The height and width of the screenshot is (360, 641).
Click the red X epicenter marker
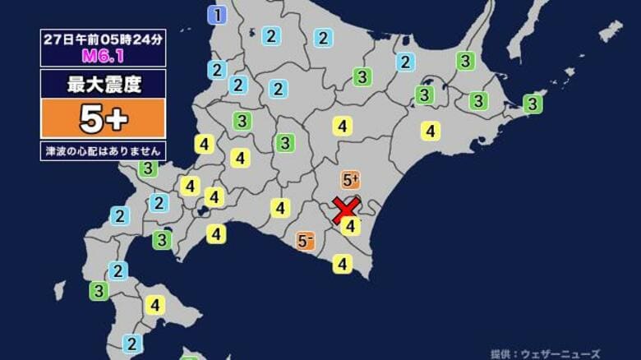(x=346, y=210)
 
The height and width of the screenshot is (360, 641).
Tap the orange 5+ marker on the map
(x=350, y=180)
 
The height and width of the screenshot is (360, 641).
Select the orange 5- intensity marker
(x=307, y=241)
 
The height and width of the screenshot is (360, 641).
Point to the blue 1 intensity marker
(x=217, y=14)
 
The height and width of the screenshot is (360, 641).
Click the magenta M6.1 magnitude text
(x=103, y=56)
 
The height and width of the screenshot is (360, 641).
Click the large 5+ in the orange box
(x=103, y=119)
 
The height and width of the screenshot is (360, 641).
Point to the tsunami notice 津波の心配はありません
(x=103, y=151)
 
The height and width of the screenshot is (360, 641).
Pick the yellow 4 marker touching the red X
(x=351, y=225)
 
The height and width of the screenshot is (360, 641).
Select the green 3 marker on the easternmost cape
(x=533, y=104)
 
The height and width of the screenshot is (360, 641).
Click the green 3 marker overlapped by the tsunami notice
(x=148, y=168)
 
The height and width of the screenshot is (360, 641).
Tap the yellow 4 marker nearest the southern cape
(x=343, y=264)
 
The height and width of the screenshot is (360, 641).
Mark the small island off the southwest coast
(x=59, y=290)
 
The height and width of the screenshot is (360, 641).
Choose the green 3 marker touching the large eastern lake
(x=424, y=95)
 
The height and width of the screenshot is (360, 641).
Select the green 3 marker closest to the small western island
(x=99, y=290)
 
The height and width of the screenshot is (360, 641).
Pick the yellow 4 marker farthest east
(x=431, y=131)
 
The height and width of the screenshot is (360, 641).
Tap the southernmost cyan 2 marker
(x=131, y=344)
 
